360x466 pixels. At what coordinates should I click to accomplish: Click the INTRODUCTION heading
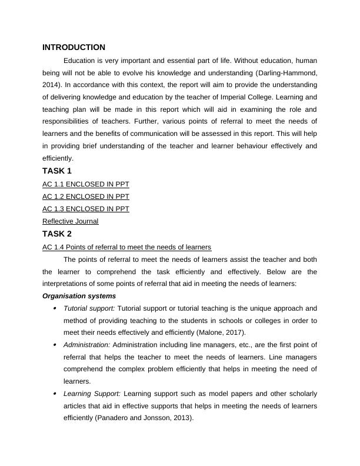tap(74, 47)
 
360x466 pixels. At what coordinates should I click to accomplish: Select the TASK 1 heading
tap(57, 171)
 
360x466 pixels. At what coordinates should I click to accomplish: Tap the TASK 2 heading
tap(57, 234)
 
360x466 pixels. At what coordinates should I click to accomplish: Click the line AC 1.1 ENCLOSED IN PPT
tap(86, 184)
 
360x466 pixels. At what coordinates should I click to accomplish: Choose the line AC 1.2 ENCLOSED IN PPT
tap(86, 197)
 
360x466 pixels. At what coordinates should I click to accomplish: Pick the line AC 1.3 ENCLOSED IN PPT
tap(86, 209)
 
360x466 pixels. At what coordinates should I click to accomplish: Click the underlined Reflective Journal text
tap(70, 221)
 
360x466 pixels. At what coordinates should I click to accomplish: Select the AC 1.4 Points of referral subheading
tap(126, 247)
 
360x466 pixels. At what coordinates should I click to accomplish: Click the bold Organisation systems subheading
tap(79, 296)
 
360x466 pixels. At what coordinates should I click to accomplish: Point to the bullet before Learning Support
tap(55, 393)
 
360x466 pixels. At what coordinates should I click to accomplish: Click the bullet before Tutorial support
tap(55, 308)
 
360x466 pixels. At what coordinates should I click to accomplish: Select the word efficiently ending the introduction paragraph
tap(58, 158)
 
